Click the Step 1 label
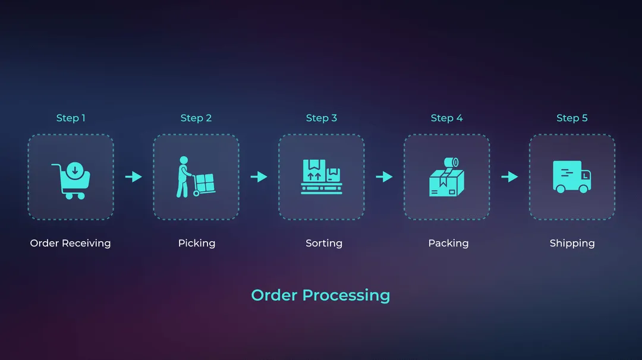[x=71, y=118]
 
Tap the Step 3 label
[x=321, y=118]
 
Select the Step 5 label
[x=572, y=118]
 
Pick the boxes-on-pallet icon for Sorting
[x=321, y=176]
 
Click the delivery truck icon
[x=572, y=176]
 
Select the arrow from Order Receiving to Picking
[x=134, y=176]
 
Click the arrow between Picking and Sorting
[x=259, y=176]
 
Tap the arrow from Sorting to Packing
[x=384, y=176]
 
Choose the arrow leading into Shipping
[x=509, y=176]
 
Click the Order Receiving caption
[x=70, y=243]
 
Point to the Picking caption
[x=196, y=243]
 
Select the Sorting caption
[x=324, y=243]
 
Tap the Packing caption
[x=448, y=243]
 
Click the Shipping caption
[x=572, y=243]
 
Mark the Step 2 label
[x=196, y=118]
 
